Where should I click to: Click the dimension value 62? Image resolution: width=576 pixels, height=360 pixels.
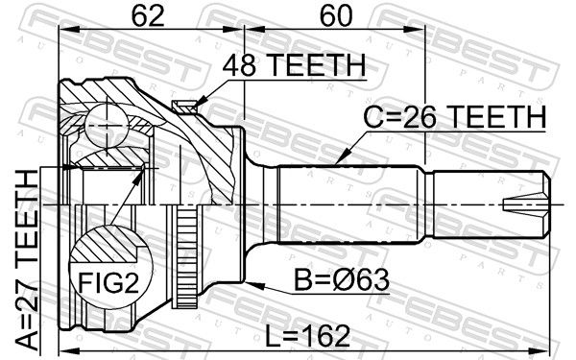(x=148, y=16)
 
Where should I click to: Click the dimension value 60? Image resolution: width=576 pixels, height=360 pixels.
(x=336, y=16)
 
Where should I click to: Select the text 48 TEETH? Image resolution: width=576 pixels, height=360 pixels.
(x=294, y=65)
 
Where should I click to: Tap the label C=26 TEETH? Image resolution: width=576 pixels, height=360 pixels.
(x=455, y=117)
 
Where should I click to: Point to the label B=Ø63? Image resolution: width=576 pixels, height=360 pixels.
(x=342, y=280)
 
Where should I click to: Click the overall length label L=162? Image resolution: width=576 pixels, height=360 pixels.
(x=308, y=337)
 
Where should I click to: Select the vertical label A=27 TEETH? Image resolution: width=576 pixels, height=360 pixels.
(x=27, y=260)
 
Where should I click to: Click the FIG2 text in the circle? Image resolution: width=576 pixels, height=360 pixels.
(x=109, y=283)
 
